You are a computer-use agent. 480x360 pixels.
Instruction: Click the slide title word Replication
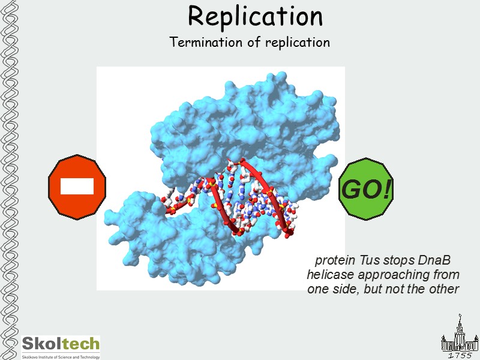pyautogui.click(x=255, y=16)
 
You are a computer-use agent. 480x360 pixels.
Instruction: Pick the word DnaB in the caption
pyautogui.click(x=431, y=261)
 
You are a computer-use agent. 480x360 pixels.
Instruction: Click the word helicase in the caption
pyautogui.click(x=331, y=275)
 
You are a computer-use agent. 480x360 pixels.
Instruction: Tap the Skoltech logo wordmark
pyautogui.click(x=61, y=344)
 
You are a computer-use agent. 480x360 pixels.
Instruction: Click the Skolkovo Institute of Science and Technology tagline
pyautogui.click(x=61, y=356)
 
